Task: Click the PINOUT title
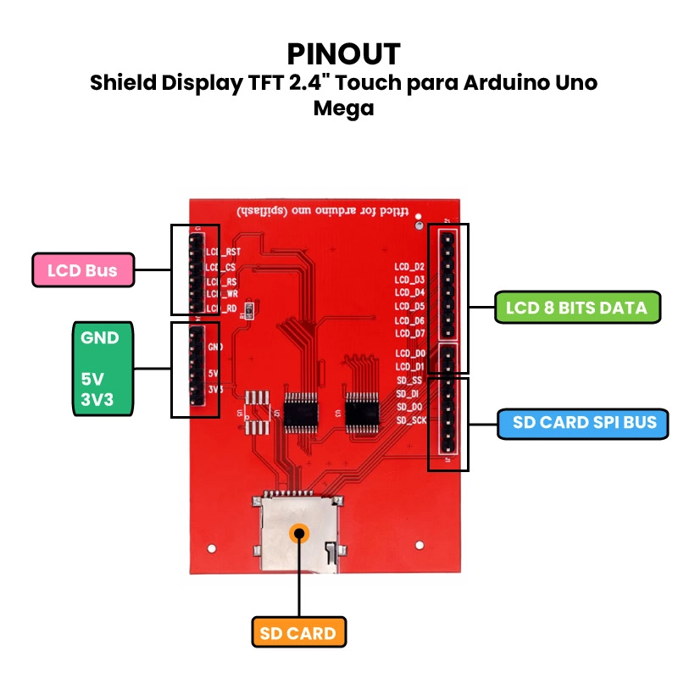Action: point(343,53)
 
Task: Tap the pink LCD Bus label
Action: point(83,271)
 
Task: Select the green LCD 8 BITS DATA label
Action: point(576,308)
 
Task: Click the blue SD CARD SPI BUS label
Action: point(584,422)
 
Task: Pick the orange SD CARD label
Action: point(297,633)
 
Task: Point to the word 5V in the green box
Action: point(91,378)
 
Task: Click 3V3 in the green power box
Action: point(96,398)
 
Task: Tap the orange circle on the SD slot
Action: point(298,533)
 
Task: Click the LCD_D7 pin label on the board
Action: point(410,334)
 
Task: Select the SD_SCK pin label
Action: point(412,420)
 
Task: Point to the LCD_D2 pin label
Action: point(410,267)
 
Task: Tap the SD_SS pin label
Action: point(410,381)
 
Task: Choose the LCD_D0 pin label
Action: point(410,353)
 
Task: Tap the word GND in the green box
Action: point(100,337)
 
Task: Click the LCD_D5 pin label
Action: point(410,307)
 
